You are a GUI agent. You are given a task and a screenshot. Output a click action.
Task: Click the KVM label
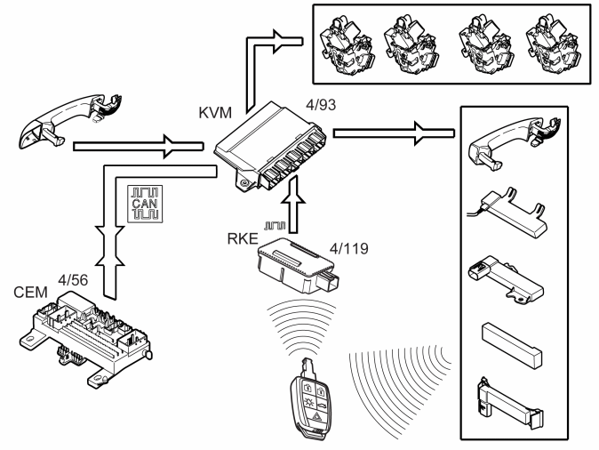[215, 113]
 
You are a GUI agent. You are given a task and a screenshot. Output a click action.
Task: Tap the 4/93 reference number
[321, 105]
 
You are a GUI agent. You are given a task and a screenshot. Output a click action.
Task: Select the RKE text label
[243, 238]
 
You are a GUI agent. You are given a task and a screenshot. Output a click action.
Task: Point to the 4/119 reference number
[348, 248]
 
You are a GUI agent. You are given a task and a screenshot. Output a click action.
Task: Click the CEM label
[30, 293]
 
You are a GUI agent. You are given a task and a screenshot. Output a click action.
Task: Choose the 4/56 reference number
[73, 280]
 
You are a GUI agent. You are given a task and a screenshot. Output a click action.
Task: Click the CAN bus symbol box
[145, 204]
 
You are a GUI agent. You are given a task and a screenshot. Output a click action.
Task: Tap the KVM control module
[270, 148]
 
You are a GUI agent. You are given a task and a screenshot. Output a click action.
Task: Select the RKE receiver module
[299, 264]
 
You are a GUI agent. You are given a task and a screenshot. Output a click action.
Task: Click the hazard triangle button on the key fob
[316, 416]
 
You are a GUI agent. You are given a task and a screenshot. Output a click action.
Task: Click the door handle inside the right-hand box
[515, 142]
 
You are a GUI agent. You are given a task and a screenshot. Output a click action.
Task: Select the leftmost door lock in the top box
[347, 44]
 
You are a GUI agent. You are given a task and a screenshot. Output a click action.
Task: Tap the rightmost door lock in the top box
[554, 44]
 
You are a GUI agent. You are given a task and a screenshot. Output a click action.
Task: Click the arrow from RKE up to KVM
[293, 205]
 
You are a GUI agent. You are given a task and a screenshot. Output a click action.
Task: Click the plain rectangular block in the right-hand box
[512, 344]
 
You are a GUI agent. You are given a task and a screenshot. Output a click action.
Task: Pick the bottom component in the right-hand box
[509, 401]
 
